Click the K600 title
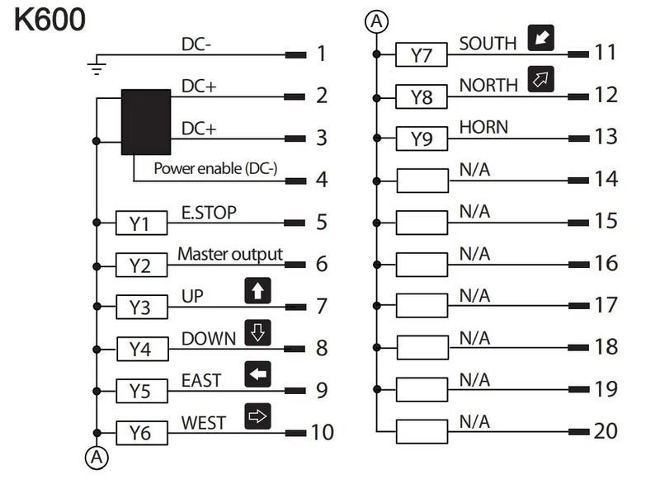49,20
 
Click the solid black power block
146,122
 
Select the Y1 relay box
141,223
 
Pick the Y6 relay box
142,433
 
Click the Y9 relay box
422,139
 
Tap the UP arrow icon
257,290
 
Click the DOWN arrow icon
257,332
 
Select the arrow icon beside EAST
257,373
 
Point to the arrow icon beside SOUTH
541,38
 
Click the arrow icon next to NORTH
541,79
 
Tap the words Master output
230,255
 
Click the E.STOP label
209,213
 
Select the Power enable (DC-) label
215,168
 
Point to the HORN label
483,127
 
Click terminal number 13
606,137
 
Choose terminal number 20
606,431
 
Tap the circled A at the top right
376,21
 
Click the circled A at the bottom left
97,457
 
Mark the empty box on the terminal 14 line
422,181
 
